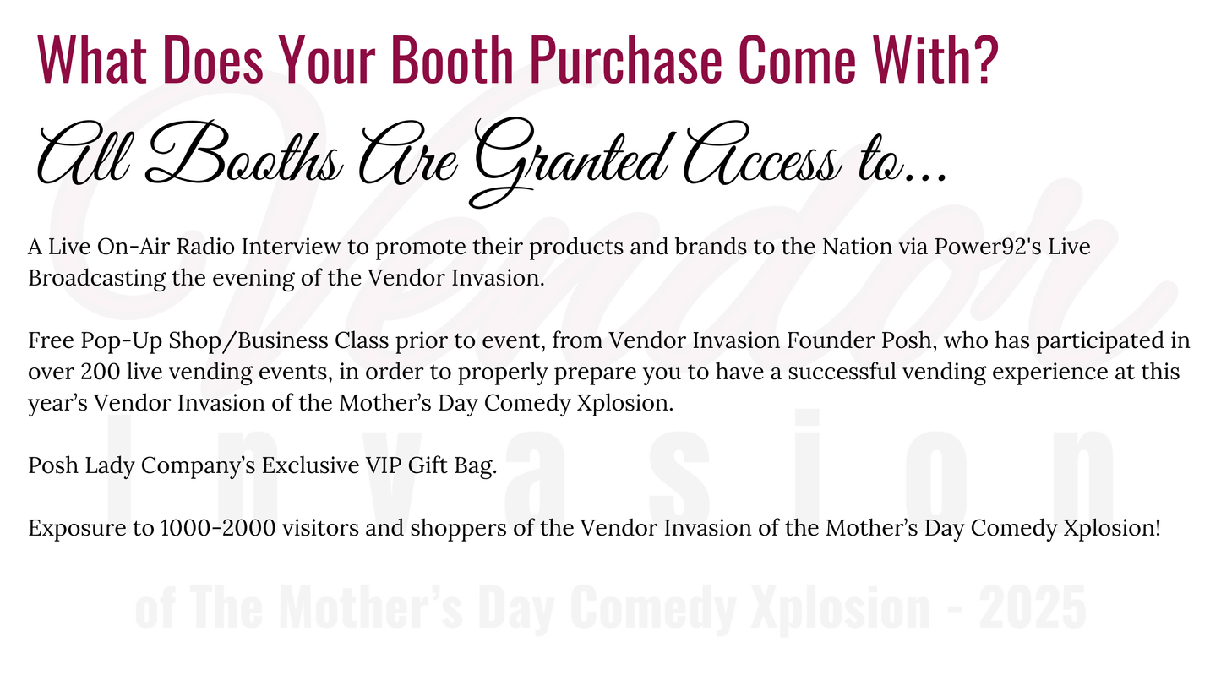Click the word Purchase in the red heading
click(626, 59)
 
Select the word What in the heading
click(91, 59)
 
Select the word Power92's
click(989, 247)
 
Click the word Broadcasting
click(96, 278)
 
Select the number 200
click(101, 373)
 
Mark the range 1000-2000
click(218, 528)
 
